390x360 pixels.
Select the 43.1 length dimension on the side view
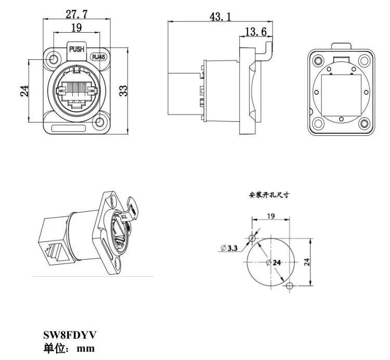(x=220, y=17)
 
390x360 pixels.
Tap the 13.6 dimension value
(x=255, y=32)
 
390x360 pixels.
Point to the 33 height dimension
(x=123, y=91)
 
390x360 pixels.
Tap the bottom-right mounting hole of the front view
(x=101, y=123)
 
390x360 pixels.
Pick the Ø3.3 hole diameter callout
(x=229, y=248)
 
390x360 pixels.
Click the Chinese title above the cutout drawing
(x=269, y=196)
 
